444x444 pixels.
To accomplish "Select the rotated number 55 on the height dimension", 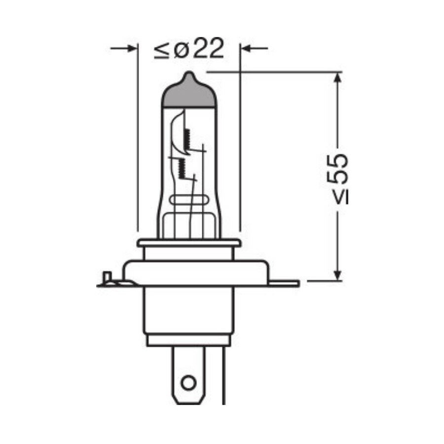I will coord(339,169).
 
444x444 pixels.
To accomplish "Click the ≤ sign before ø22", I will coord(162,50).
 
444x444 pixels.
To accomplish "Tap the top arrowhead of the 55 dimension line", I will coord(338,79).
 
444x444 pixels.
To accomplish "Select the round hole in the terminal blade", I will coord(188,382).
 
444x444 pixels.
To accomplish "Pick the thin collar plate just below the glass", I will coord(189,243).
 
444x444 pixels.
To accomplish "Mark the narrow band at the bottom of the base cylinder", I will coord(188,339).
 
